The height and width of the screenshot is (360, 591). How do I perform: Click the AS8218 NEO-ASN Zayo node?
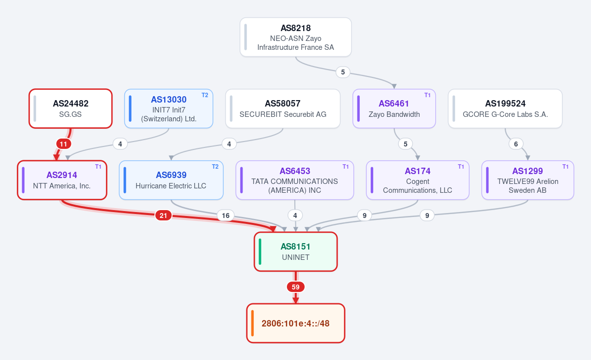click(296, 37)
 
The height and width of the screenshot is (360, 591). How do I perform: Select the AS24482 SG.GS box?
click(70, 108)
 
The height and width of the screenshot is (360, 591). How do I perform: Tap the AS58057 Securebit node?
click(283, 108)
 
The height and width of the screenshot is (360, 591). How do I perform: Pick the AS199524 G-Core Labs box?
click(505, 108)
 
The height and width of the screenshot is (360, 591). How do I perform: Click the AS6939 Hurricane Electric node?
click(171, 180)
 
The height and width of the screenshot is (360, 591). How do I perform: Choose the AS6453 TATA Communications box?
click(295, 180)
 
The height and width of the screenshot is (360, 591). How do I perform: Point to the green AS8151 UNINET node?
click(296, 252)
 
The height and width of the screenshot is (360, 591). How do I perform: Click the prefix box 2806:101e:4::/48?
click(296, 324)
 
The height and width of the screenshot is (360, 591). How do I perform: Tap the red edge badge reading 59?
click(296, 287)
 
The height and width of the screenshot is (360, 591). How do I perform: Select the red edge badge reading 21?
click(163, 216)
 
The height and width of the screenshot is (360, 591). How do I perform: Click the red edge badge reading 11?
click(63, 144)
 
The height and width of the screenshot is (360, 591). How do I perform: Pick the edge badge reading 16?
click(225, 216)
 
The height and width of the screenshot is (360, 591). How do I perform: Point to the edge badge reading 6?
click(516, 144)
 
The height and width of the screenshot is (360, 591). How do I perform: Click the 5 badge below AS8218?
click(343, 72)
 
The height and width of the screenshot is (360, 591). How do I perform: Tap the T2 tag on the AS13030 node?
click(205, 95)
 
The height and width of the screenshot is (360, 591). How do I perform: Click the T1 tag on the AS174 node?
click(461, 167)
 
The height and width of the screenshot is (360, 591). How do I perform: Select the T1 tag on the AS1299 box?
click(565, 167)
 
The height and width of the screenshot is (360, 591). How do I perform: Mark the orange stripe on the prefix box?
click(252, 324)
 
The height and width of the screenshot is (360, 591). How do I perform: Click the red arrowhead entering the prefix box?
click(296, 300)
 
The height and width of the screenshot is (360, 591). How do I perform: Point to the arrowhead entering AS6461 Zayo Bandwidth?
click(394, 87)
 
